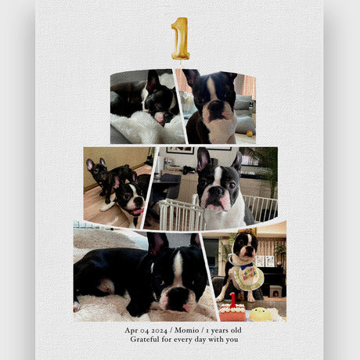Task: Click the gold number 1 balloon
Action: (180, 38)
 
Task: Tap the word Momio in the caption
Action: (187, 330)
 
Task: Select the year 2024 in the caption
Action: (160, 330)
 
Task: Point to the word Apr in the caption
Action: (131, 330)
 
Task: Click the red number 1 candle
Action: (232, 300)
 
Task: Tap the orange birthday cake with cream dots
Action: (232, 312)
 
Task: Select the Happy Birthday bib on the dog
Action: (247, 275)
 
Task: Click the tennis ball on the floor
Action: (250, 134)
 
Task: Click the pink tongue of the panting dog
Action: (138, 211)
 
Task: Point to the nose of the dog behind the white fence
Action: (216, 192)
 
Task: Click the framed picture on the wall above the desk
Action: (180, 150)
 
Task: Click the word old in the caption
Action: (236, 330)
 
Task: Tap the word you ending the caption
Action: (232, 340)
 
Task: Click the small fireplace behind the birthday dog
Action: (275, 291)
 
